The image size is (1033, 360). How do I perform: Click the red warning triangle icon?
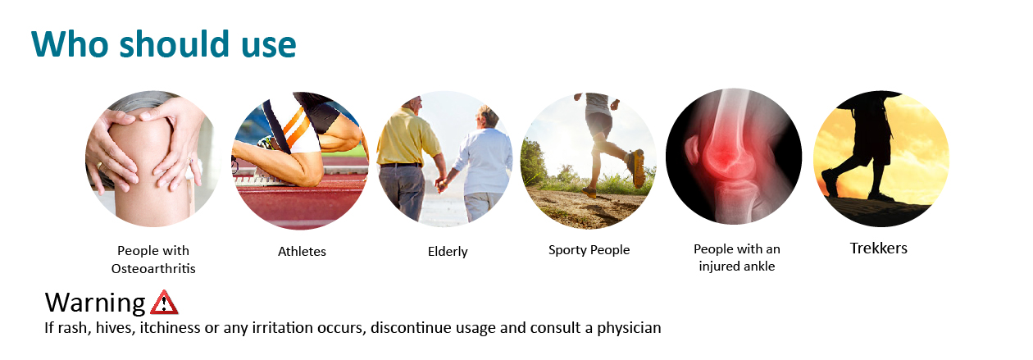click(164, 303)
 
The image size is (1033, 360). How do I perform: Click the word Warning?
click(95, 303)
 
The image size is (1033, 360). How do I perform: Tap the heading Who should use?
click(164, 44)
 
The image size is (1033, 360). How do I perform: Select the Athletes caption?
click(302, 252)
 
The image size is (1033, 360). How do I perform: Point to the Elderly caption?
click(448, 252)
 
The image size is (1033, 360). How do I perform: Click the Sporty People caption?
click(589, 249)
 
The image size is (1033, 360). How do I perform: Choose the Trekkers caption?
click(879, 248)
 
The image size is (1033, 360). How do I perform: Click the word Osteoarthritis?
click(153, 269)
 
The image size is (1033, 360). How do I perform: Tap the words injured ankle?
click(736, 267)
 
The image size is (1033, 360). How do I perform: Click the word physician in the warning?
click(629, 328)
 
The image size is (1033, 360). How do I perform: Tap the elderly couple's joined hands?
click(442, 185)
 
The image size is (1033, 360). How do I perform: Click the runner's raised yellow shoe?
click(637, 167)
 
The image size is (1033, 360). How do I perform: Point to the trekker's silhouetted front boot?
click(830, 182)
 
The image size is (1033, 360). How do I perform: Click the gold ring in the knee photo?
click(99, 166)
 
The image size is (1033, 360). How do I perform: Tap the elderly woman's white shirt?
click(485, 161)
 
